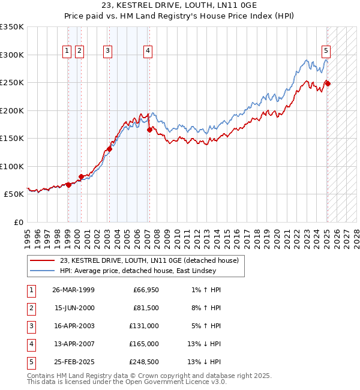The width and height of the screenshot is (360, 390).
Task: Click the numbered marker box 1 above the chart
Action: (x=67, y=52)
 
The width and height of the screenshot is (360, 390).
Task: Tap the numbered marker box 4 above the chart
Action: (x=147, y=52)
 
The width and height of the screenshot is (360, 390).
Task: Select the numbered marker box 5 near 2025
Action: (x=326, y=52)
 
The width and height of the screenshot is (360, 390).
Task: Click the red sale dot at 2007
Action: (x=149, y=130)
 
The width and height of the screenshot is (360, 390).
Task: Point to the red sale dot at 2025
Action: (x=328, y=83)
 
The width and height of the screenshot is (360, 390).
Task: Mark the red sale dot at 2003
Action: (x=110, y=149)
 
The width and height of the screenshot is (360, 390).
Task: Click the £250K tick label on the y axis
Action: (x=12, y=83)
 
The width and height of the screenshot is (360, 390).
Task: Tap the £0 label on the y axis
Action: (x=19, y=222)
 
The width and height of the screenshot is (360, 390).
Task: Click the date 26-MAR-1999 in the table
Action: (x=73, y=290)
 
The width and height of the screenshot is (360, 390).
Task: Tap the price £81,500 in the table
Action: (x=146, y=308)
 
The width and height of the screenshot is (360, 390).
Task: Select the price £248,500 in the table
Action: (x=144, y=362)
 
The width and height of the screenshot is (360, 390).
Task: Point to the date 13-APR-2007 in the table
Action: (x=74, y=344)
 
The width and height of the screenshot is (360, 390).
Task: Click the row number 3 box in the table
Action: (x=31, y=326)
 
